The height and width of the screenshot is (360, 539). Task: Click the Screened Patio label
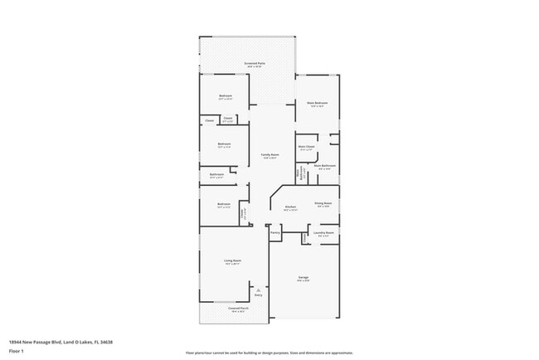[x=255, y=63]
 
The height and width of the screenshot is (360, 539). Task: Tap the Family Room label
[x=269, y=154]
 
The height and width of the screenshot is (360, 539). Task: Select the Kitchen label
[x=290, y=207]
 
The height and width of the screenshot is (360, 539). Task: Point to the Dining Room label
[x=323, y=203]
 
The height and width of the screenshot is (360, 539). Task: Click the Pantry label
[x=275, y=233]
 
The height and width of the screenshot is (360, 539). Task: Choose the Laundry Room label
[x=323, y=233]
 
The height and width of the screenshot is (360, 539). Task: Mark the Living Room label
[x=231, y=261]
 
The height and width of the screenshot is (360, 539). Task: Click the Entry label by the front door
[x=258, y=294]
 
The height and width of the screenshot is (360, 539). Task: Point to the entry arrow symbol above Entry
[x=258, y=288]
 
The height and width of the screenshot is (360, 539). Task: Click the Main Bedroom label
[x=318, y=104]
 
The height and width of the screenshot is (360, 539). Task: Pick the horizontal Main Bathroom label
[x=324, y=166]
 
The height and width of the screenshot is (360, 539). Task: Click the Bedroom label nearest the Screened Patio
[x=226, y=96]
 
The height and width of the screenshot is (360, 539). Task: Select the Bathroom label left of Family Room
[x=216, y=174]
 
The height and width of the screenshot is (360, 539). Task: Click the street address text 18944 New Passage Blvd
[x=61, y=342]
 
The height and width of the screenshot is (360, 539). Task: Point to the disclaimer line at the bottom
[x=269, y=353]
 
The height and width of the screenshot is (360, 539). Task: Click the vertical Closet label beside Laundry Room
[x=304, y=239]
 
